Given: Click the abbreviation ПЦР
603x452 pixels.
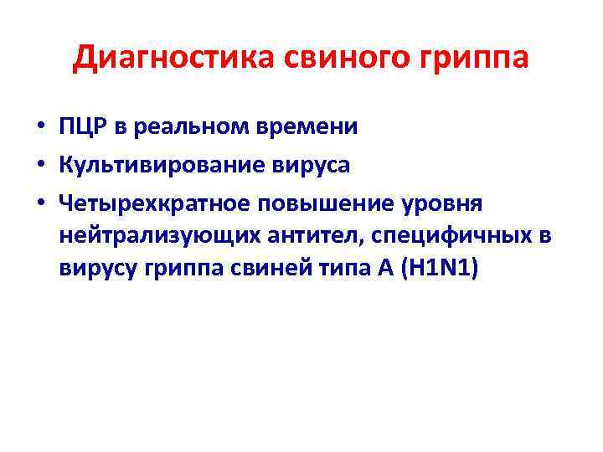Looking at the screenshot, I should (x=82, y=126).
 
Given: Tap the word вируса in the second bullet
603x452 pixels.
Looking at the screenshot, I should (x=309, y=166).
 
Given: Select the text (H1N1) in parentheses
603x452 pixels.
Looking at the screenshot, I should (x=435, y=271).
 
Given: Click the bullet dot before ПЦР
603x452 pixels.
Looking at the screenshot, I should (x=40, y=128).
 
